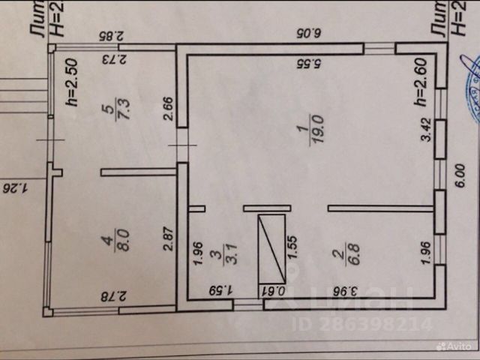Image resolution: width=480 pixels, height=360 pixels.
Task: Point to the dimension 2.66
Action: point(169,109)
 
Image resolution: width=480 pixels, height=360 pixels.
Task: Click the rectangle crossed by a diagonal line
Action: point(271,247)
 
